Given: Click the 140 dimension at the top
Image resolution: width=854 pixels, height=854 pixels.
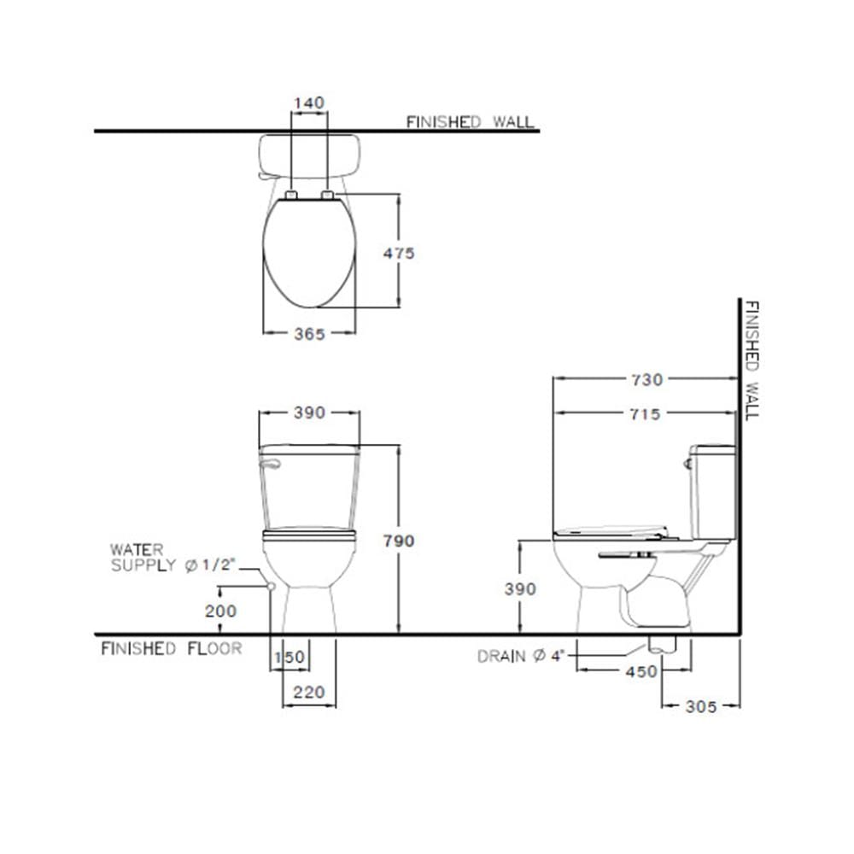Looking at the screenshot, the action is (309, 102).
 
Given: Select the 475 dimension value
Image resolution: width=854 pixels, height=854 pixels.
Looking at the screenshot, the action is (399, 254).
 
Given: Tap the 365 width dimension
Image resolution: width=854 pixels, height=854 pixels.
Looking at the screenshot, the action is (309, 334).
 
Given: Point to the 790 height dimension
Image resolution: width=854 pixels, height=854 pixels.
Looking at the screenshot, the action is (399, 541).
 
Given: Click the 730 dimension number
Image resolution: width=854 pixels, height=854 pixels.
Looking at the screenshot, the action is (647, 380).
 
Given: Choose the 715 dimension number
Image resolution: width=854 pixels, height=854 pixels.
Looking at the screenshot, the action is (646, 414).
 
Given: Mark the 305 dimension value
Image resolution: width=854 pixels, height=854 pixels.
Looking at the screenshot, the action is (701, 706).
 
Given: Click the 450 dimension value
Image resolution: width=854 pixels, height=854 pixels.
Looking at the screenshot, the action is (641, 671).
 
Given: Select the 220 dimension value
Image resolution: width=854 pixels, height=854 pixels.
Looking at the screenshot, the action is (309, 693).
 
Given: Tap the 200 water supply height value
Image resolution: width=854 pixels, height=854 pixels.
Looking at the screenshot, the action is (220, 611).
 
